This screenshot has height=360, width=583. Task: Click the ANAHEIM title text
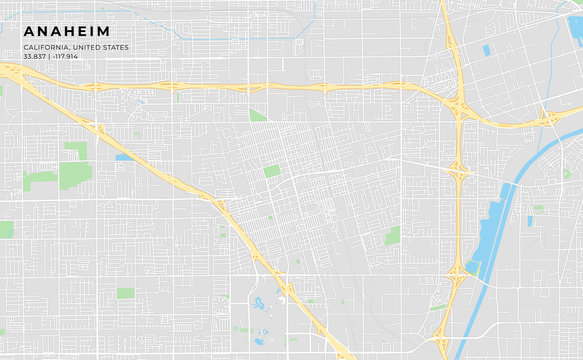(x=68, y=31)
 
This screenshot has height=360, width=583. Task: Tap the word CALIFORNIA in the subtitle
(x=48, y=47)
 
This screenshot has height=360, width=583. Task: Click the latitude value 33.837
(x=34, y=57)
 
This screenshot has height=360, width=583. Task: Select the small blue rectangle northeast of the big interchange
(x=487, y=50)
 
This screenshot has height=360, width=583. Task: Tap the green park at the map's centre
(x=272, y=171)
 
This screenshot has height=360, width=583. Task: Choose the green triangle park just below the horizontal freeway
(x=257, y=115)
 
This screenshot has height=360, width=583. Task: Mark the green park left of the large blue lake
(x=391, y=235)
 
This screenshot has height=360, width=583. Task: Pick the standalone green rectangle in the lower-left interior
(x=125, y=293)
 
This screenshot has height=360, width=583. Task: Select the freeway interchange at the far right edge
(x=549, y=118)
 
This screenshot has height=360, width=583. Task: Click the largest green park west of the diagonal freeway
(x=75, y=176)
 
